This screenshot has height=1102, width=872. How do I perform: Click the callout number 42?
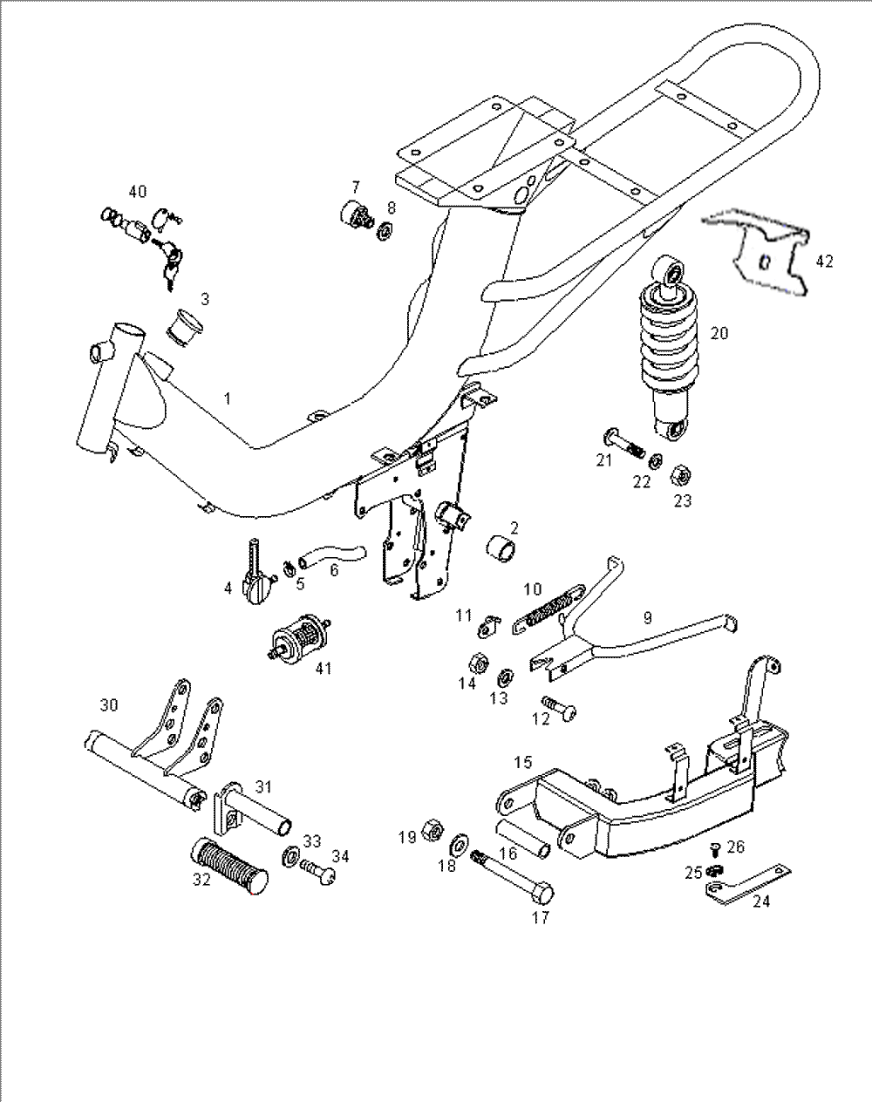[x=824, y=260]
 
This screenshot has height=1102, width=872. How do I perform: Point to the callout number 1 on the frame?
[x=228, y=398]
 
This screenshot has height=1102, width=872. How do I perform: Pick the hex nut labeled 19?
[x=430, y=829]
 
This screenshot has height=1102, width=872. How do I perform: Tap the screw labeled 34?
[x=318, y=873]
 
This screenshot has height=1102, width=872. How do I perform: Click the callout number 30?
[x=108, y=704]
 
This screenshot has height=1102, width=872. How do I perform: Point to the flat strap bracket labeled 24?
[x=752, y=883]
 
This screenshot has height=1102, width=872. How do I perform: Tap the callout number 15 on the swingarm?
[x=522, y=762]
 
